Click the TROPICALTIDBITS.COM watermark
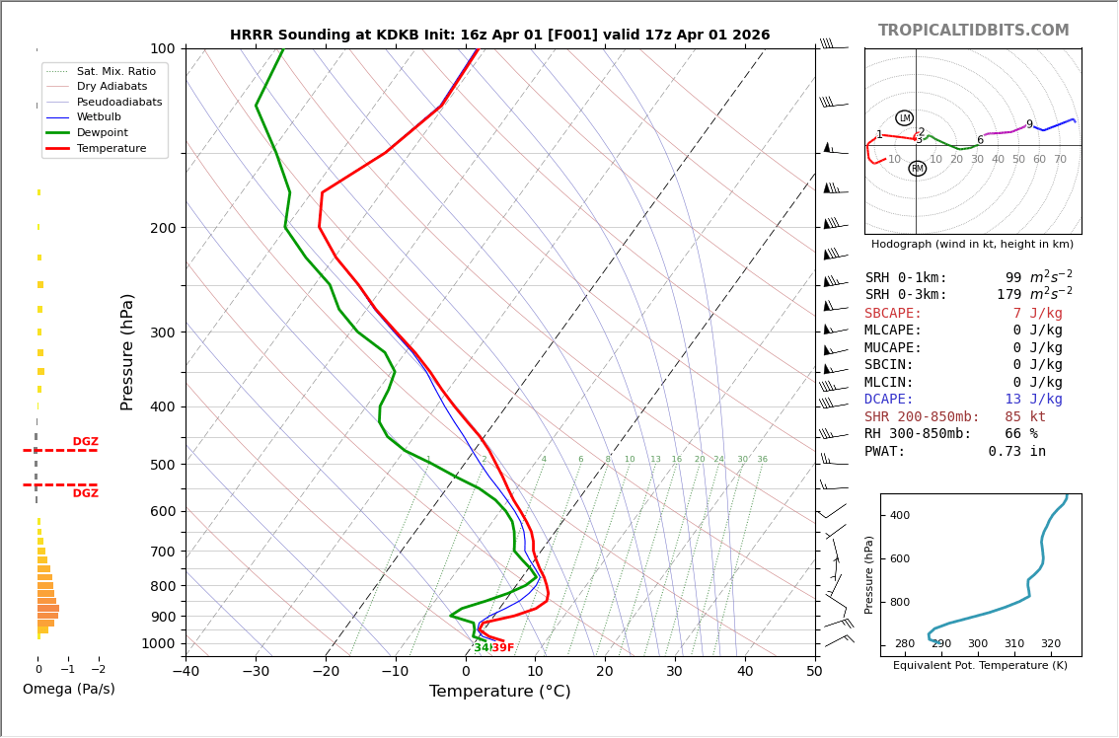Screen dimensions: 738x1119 973,31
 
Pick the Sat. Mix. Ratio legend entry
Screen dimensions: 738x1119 115,71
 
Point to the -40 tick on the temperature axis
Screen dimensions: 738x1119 186,672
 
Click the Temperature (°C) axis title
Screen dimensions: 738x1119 499,692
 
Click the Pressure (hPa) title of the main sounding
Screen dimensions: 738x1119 127,351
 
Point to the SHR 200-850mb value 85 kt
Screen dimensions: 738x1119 1025,417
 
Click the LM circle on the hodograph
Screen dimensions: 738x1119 904,118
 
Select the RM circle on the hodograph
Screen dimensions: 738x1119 917,169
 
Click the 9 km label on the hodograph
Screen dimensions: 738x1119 1029,125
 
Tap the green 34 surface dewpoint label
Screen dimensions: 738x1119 482,648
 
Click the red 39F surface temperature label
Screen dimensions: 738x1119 502,648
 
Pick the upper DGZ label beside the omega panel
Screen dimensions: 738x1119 85,442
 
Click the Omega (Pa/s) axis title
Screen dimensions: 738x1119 69,690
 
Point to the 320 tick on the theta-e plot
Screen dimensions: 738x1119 1050,644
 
